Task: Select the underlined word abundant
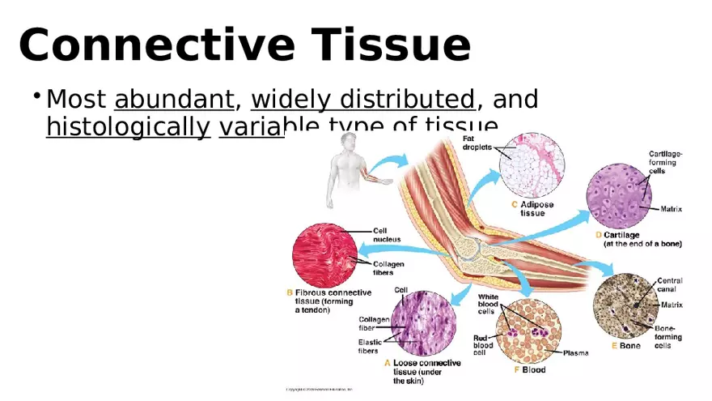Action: click(x=174, y=100)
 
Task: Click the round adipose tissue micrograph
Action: click(x=527, y=170)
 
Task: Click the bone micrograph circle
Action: click(x=624, y=305)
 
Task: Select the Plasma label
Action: click(x=575, y=352)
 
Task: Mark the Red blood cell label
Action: click(x=483, y=344)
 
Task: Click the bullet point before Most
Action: click(x=36, y=96)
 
